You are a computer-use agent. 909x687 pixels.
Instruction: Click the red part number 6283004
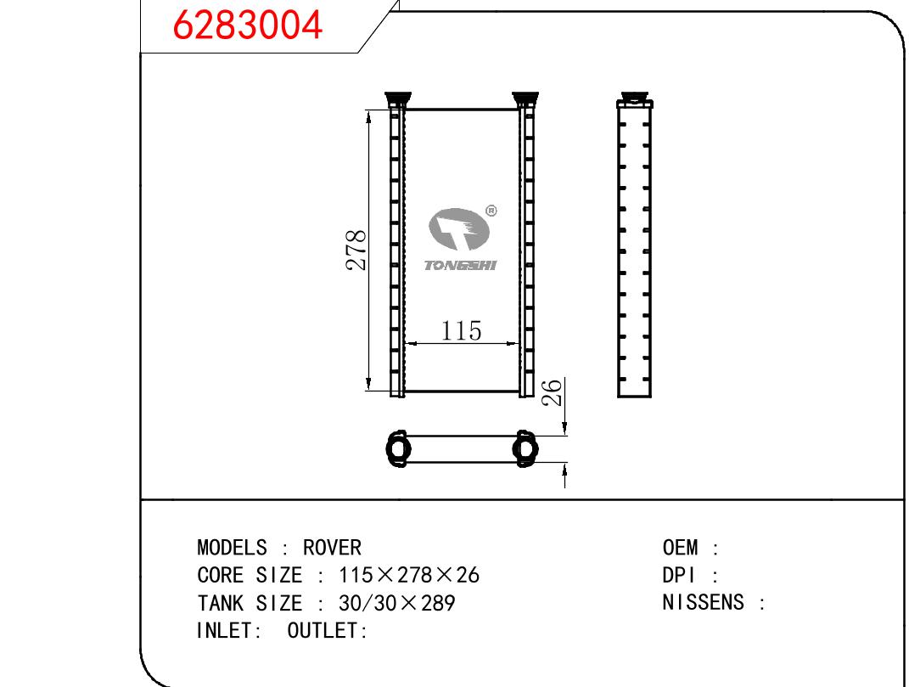click(248, 25)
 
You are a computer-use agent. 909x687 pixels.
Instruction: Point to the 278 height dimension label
click(356, 250)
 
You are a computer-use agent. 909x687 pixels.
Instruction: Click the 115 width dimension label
click(462, 330)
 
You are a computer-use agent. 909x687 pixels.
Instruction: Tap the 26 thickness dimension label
click(552, 392)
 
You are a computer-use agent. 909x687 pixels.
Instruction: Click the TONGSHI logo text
click(460, 265)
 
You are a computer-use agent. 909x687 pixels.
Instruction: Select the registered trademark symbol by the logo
click(491, 211)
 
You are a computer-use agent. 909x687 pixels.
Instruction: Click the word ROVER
click(332, 548)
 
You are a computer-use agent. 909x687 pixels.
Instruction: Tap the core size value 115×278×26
click(409, 575)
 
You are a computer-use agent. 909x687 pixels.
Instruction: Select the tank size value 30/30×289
click(397, 603)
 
